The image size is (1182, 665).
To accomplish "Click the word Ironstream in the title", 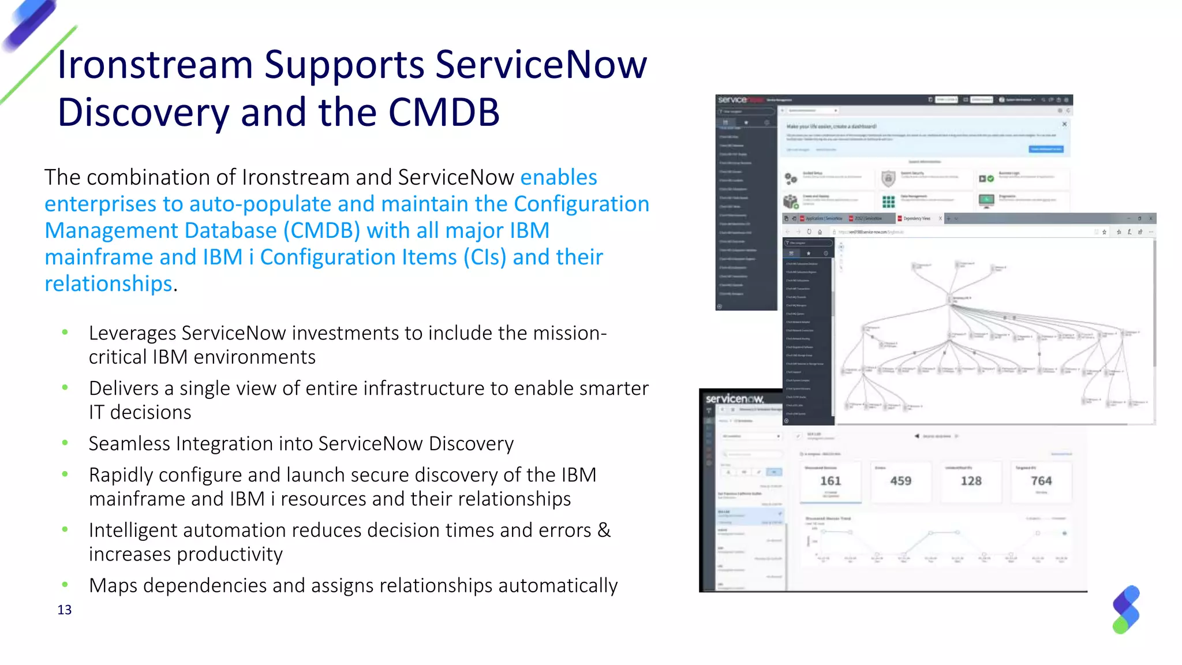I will [x=155, y=65].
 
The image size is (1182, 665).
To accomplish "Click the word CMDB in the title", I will [x=443, y=113].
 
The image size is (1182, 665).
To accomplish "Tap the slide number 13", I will [x=64, y=610].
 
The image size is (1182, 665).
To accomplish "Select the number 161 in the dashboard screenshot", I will [x=831, y=481].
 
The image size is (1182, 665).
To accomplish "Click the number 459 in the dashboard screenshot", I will [x=900, y=481].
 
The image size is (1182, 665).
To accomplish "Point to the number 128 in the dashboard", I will [x=971, y=481].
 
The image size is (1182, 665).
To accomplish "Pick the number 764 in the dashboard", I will [x=1041, y=481].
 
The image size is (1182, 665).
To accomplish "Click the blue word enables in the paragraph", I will [x=558, y=177].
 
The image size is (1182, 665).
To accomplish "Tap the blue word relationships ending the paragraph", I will [x=109, y=284].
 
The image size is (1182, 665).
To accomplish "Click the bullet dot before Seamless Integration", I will [x=65, y=443].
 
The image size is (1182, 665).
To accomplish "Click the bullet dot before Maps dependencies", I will [x=65, y=585].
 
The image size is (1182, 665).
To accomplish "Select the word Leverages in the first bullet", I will [x=132, y=333].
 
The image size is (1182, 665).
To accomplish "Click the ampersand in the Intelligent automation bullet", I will [x=604, y=530].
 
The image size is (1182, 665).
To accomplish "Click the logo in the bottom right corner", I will [x=1126, y=610].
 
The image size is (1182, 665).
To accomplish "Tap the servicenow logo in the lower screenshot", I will [x=734, y=399].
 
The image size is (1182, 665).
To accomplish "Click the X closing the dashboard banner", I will [x=1064, y=124].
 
